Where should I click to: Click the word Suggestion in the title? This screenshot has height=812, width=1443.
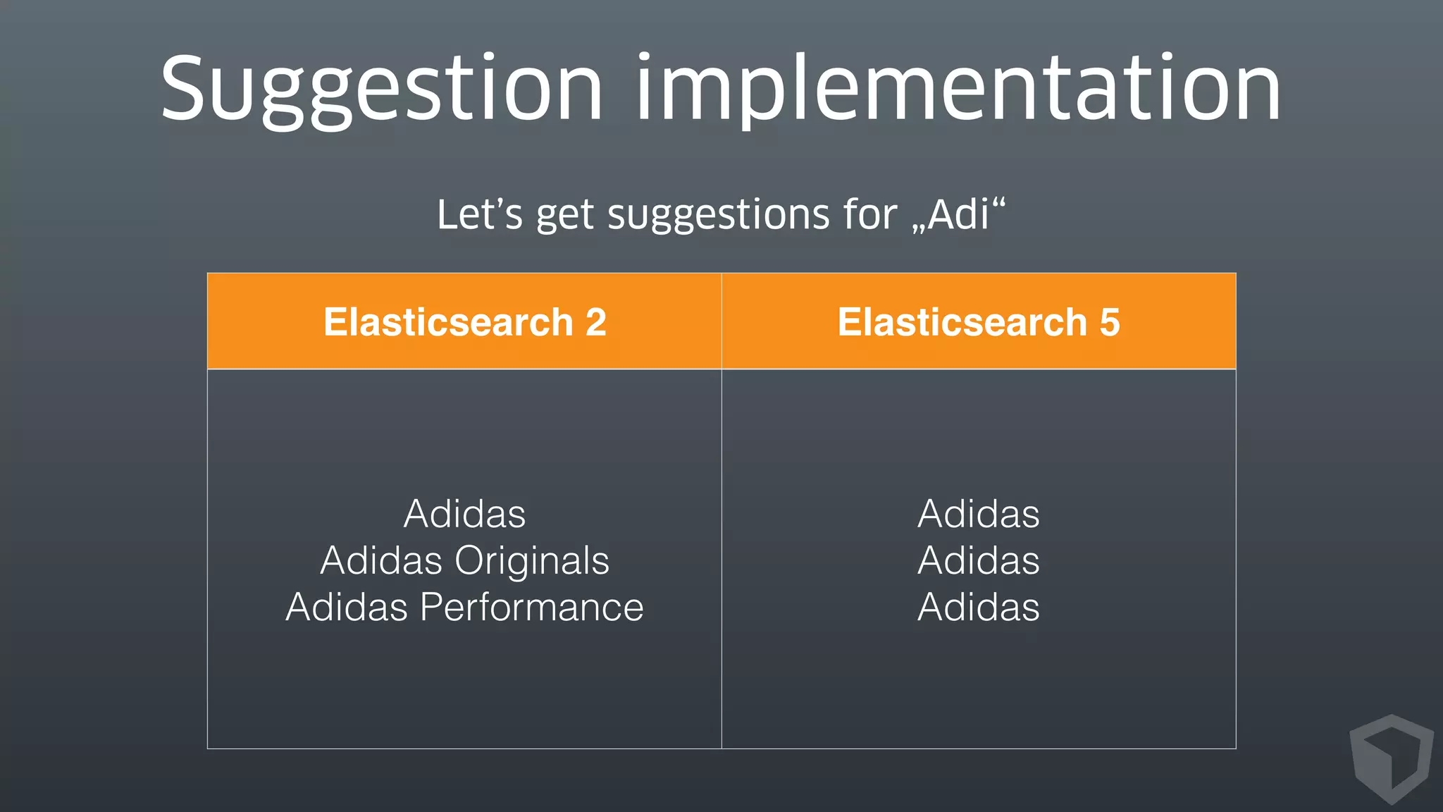click(381, 90)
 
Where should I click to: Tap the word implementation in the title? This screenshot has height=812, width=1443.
click(958, 90)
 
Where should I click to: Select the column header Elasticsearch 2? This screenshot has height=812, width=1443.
click(464, 322)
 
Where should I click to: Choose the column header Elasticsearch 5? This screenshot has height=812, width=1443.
click(979, 322)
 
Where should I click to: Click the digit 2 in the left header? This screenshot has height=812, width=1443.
click(595, 322)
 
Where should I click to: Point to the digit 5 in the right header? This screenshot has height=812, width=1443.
click(1109, 322)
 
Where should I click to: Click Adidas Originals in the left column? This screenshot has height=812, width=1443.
click(464, 560)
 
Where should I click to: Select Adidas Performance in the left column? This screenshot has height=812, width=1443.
click(464, 607)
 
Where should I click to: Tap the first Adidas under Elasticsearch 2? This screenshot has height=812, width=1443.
click(464, 514)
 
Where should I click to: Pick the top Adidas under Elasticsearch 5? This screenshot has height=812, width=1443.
click(979, 514)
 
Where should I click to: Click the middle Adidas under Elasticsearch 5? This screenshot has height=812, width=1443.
click(979, 560)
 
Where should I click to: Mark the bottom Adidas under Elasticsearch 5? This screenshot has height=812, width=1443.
click(979, 607)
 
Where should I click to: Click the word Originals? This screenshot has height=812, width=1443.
click(531, 560)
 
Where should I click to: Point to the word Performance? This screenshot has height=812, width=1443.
click(531, 607)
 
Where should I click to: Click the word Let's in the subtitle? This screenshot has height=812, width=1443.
click(479, 214)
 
